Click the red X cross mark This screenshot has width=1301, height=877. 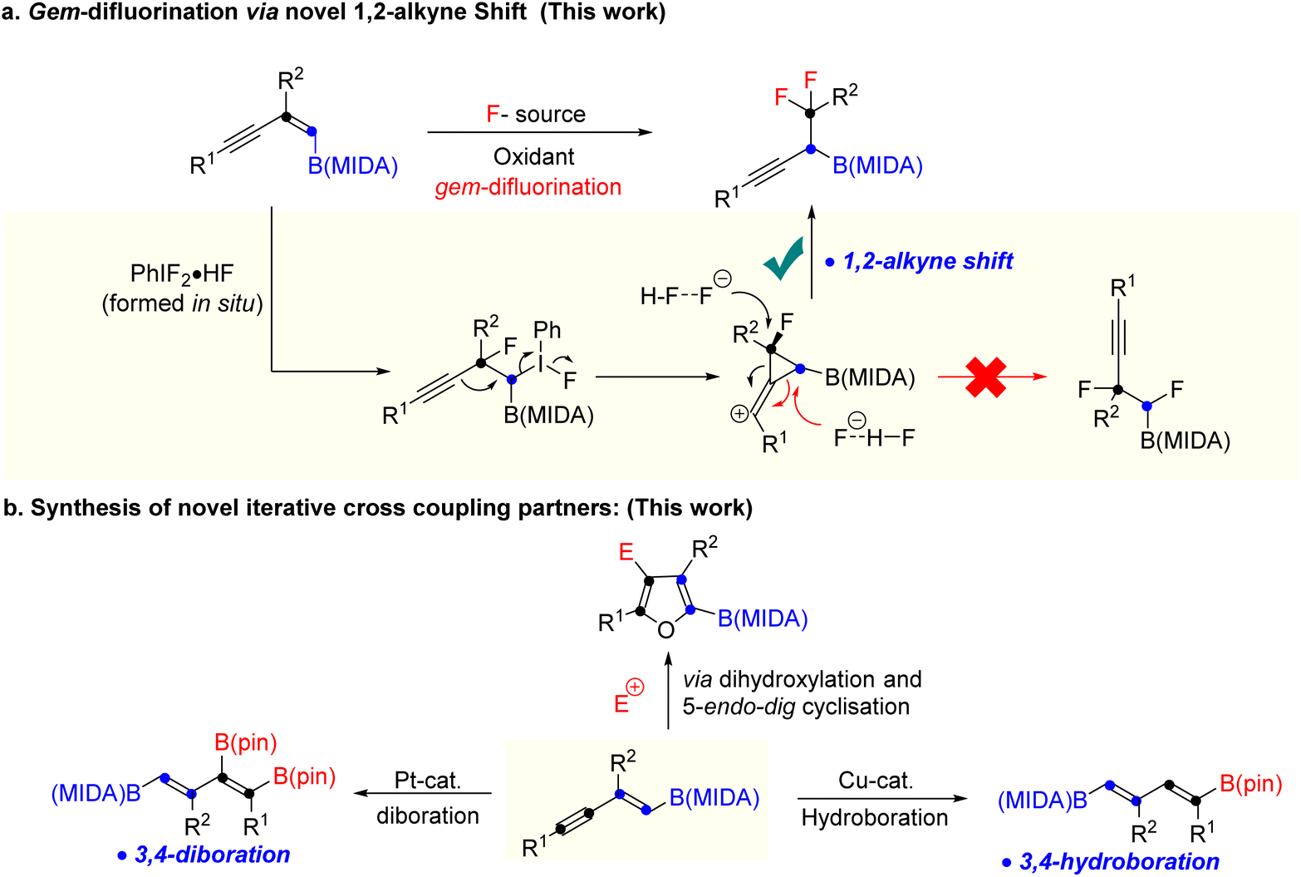(985, 377)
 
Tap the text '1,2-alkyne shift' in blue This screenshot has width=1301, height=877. (927, 262)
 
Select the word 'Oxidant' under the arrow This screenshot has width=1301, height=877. (533, 156)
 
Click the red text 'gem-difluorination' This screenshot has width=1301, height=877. (528, 187)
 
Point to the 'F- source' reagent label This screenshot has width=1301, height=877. (536, 114)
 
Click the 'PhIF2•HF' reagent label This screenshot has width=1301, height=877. (182, 273)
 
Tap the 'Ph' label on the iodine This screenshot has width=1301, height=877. (547, 330)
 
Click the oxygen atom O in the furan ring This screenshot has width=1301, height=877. (666, 629)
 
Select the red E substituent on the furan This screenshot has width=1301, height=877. (626, 551)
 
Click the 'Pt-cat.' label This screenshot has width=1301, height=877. (428, 780)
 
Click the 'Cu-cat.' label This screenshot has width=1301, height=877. (876, 780)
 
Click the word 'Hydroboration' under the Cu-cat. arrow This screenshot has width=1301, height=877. (875, 818)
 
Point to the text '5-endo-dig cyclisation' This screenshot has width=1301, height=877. (796, 707)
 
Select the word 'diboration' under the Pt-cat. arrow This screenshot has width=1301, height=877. (428, 816)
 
